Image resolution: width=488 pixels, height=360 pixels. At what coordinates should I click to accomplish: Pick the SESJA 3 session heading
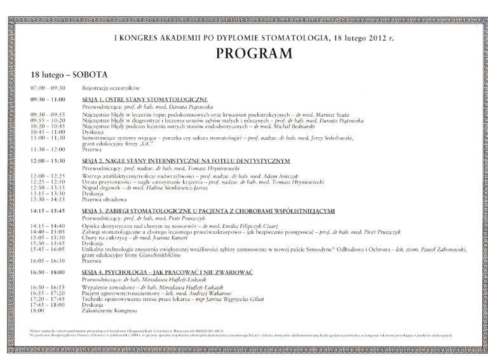(x=208, y=210)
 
